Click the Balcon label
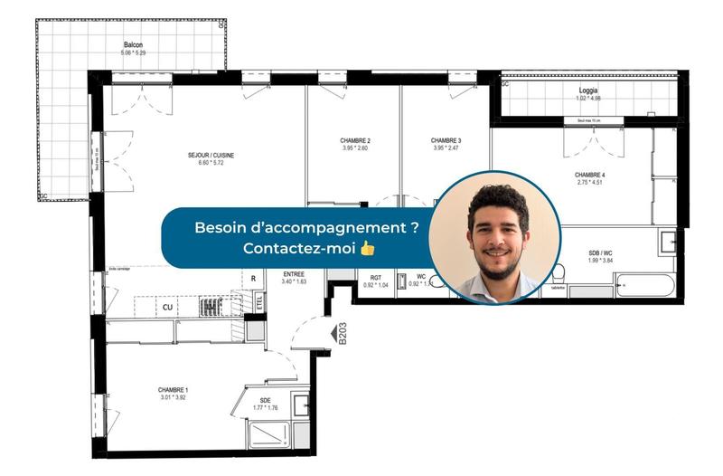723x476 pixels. (133, 44)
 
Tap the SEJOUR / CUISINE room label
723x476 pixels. (211, 155)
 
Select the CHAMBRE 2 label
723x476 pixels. (355, 140)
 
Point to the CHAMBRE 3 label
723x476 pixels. (446, 140)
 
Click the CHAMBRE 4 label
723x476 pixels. (589, 175)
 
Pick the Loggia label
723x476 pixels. (588, 90)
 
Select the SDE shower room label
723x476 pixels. (265, 399)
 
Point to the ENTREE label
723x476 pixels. (294, 273)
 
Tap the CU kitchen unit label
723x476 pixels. (167, 308)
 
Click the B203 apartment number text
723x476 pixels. (343, 336)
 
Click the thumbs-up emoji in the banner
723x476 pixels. (367, 248)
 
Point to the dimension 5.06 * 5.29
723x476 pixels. (133, 53)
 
